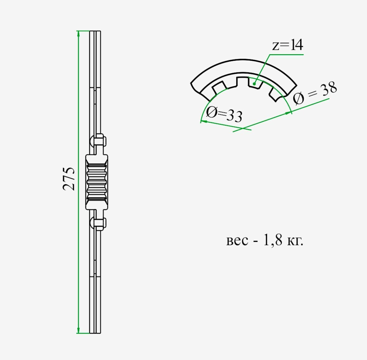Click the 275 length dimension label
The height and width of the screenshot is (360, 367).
pos(69,179)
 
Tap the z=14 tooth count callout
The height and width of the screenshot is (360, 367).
pos(288,45)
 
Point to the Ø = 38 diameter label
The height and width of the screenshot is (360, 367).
pos(315,93)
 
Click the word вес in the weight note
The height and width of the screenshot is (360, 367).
pos(237,241)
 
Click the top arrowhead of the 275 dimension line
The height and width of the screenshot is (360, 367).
pos(78,34)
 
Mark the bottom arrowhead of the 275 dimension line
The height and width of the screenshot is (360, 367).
pos(78,330)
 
